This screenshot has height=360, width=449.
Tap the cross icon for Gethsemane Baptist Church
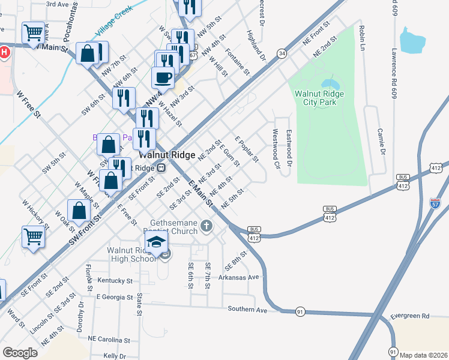[x=206, y=226]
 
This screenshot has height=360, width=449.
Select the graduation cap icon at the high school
[x=155, y=244]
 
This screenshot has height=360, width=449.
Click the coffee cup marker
[x=163, y=77]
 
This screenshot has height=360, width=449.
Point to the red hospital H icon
[x=4, y=52]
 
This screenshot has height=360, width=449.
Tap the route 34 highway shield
[x=281, y=54]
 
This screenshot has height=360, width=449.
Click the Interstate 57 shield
[x=436, y=204]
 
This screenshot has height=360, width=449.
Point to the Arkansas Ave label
[x=238, y=277]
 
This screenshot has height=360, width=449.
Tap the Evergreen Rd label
[x=409, y=316]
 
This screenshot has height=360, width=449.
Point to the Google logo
[x=20, y=353]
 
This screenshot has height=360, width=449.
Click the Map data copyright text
[x=424, y=355]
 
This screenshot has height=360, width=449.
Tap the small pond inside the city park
[x=328, y=83]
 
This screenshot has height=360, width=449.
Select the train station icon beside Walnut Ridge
[x=161, y=169]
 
